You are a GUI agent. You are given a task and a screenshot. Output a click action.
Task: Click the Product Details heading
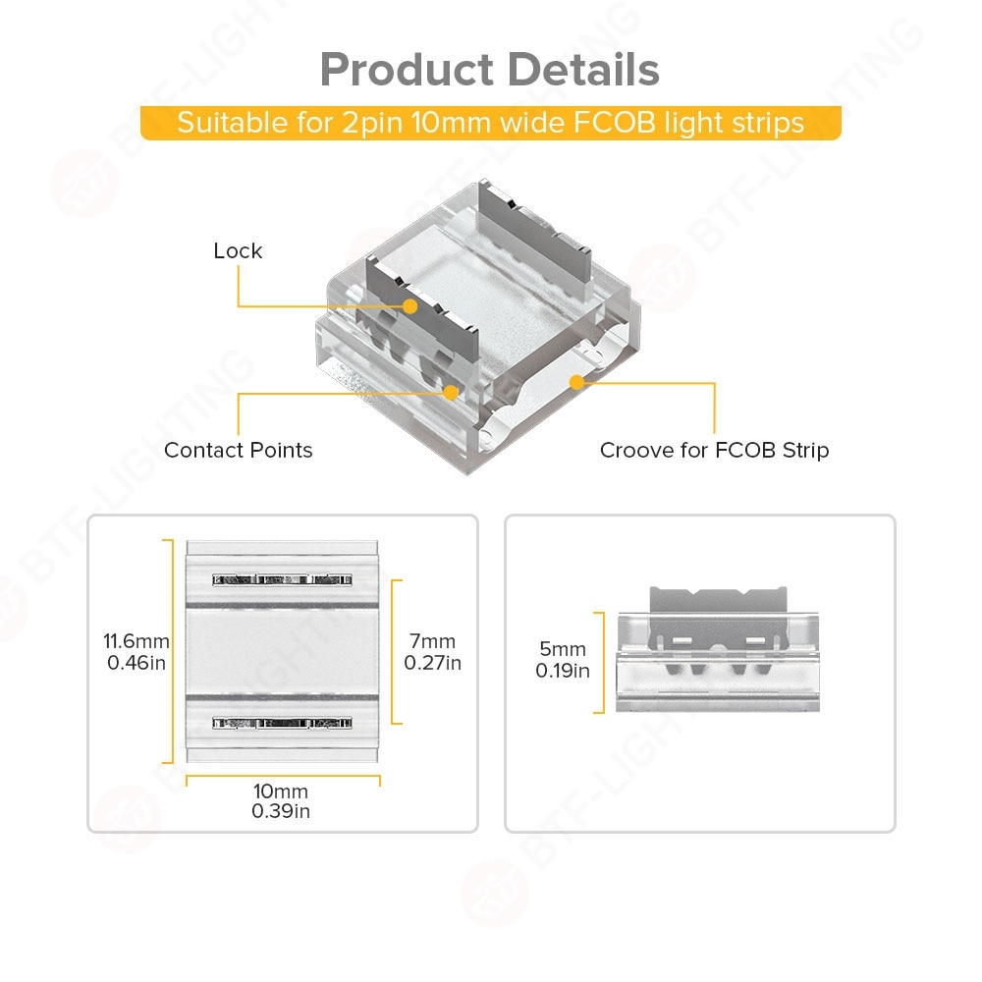(x=489, y=70)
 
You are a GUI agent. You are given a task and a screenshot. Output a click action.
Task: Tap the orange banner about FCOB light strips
(x=490, y=124)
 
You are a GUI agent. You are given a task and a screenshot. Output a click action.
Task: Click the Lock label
(x=238, y=250)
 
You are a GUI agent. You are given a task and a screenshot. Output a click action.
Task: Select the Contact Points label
(x=238, y=450)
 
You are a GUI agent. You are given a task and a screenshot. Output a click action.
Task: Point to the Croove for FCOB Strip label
(x=714, y=450)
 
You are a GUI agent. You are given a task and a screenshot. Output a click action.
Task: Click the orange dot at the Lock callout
(x=410, y=306)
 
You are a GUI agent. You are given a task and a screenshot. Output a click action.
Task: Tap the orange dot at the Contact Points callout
(x=451, y=392)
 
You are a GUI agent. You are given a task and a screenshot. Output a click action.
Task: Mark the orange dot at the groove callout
(x=577, y=380)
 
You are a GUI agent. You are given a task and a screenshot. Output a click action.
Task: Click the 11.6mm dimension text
(x=136, y=641)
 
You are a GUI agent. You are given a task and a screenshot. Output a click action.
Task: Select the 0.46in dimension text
(x=136, y=663)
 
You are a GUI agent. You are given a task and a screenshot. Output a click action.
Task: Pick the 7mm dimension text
(x=432, y=641)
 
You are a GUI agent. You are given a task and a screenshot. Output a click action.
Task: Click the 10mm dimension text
(x=281, y=791)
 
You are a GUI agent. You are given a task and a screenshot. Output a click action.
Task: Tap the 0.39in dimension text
(x=281, y=811)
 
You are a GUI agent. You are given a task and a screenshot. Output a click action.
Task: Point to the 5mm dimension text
(x=562, y=649)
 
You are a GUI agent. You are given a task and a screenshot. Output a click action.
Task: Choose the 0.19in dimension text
(x=562, y=671)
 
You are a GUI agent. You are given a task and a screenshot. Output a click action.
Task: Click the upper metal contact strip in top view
(x=282, y=579)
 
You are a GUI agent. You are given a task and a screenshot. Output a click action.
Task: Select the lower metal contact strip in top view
(x=282, y=724)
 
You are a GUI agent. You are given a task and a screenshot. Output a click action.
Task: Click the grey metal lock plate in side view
(x=718, y=603)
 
